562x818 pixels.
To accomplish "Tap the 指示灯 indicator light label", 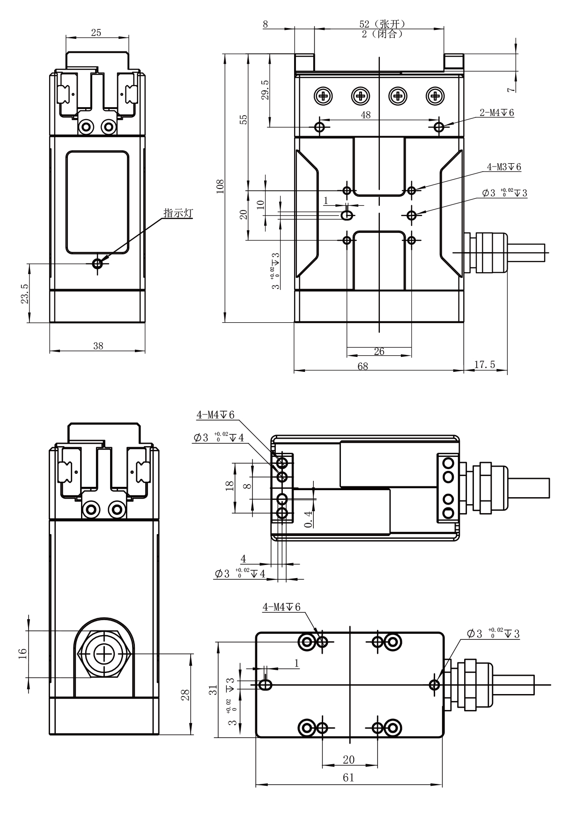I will click(x=178, y=213).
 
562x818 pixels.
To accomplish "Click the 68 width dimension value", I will click(x=362, y=366).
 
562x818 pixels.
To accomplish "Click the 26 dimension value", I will click(x=379, y=351).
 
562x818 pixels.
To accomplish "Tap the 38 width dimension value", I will click(x=98, y=346).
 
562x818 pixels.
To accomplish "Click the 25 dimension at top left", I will click(x=96, y=32).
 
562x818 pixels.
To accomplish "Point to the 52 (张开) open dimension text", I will click(x=382, y=24).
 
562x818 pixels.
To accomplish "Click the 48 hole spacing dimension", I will click(x=366, y=115).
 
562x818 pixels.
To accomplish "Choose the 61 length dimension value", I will click(x=348, y=778).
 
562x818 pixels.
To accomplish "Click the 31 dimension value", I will click(x=214, y=690).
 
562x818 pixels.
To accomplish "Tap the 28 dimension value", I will click(x=185, y=695).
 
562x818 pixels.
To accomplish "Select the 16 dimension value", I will click(x=22, y=654).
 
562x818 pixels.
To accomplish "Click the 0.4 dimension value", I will click(x=308, y=519).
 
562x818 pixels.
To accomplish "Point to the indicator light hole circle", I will click(x=97, y=264).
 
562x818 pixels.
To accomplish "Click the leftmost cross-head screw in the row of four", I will click(x=323, y=96).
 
